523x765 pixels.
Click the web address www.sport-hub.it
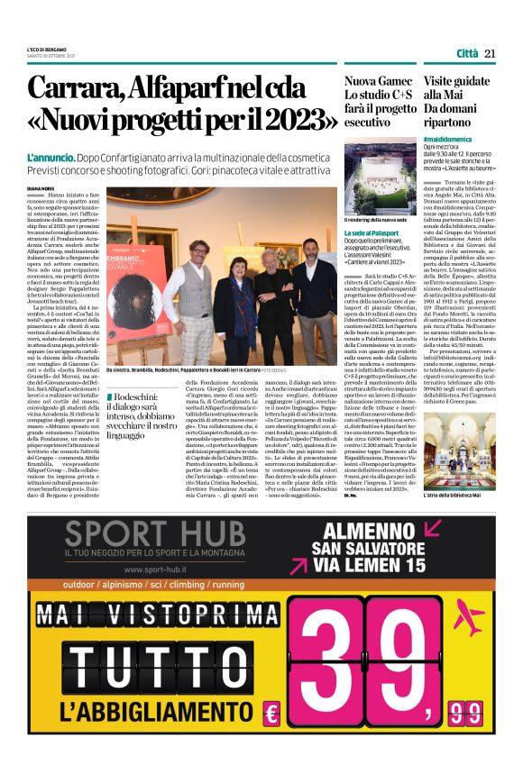[x=163, y=569]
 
